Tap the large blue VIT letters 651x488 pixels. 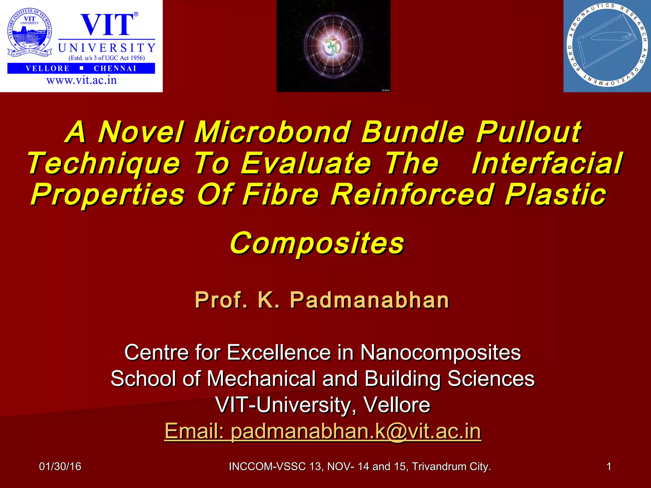point(107,25)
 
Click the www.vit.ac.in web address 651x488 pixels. point(82,80)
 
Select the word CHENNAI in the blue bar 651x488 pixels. point(115,69)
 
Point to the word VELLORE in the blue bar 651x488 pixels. point(48,69)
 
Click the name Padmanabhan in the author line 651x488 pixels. point(369,300)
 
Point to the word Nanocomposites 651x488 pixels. point(441,352)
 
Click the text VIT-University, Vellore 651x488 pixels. point(323,405)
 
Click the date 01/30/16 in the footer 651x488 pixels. point(60,466)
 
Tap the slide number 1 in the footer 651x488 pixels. point(608,466)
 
